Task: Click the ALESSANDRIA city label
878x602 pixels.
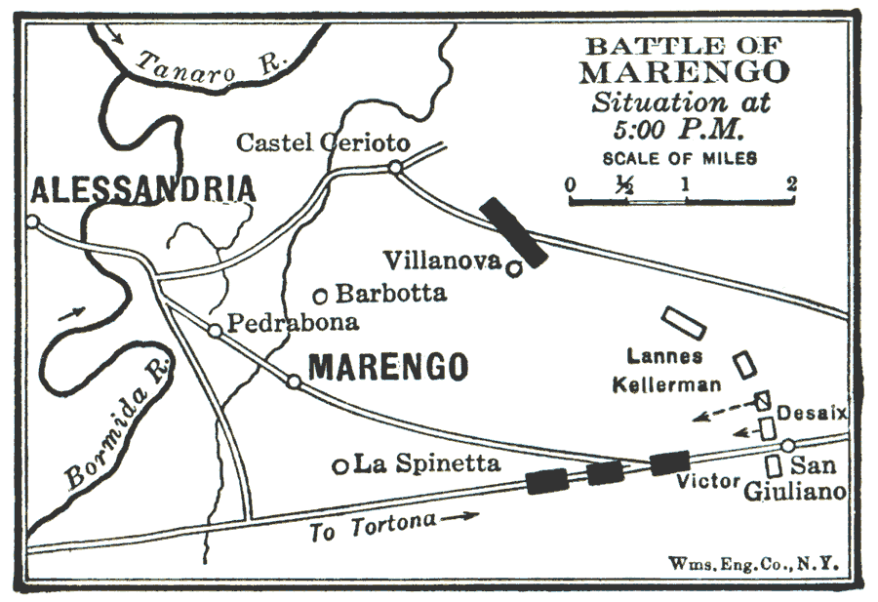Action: click(143, 187)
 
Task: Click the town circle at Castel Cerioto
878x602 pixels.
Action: click(395, 168)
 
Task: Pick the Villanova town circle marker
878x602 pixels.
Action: click(511, 265)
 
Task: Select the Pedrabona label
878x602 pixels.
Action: click(293, 322)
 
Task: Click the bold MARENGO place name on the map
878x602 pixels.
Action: click(388, 367)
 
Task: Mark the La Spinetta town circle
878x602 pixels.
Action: click(340, 466)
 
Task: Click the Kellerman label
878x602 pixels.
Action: click(667, 384)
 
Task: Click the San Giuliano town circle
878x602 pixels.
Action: click(787, 446)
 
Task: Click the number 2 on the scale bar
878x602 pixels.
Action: click(791, 183)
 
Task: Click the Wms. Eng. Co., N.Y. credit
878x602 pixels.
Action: click(753, 563)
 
